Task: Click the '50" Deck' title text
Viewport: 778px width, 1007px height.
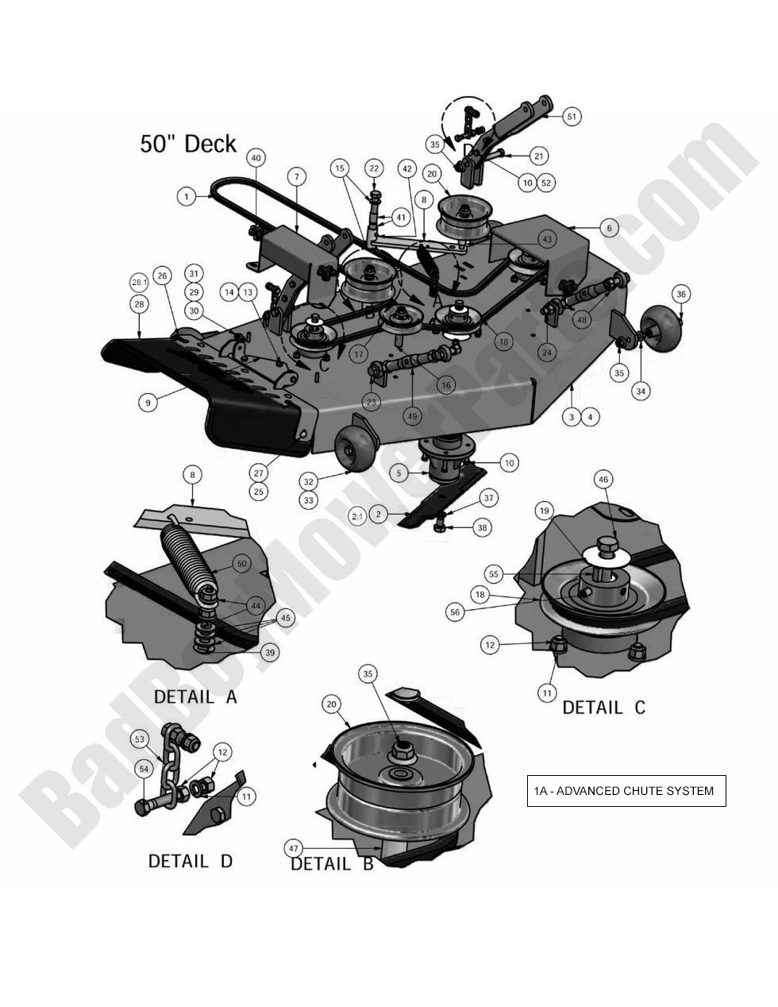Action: click(188, 144)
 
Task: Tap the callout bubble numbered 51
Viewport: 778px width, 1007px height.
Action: click(572, 117)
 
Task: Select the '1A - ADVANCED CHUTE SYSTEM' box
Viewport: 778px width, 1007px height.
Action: click(626, 790)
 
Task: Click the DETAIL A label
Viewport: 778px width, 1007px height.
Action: click(195, 697)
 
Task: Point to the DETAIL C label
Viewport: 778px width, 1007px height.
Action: click(603, 707)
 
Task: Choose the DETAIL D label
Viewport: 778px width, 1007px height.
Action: click(191, 861)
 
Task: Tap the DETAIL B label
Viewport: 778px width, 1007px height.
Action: click(332, 864)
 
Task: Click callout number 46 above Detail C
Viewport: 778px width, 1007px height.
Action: click(604, 480)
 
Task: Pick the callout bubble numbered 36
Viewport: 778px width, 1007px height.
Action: click(681, 294)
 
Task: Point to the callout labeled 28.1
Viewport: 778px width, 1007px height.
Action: click(140, 283)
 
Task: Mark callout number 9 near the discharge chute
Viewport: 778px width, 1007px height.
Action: click(147, 403)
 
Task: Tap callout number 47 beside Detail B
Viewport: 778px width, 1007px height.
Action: click(293, 848)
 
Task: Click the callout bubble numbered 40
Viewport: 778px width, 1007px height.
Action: click(256, 158)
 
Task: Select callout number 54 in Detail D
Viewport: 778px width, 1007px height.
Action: click(144, 769)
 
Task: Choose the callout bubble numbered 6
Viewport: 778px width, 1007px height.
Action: click(610, 227)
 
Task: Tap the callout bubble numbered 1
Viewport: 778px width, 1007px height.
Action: click(186, 196)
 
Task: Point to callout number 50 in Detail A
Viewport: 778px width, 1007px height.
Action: click(241, 564)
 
